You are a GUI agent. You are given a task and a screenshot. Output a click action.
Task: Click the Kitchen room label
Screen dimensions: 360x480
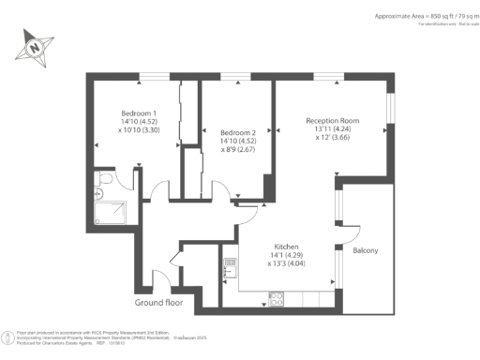pos(287,247)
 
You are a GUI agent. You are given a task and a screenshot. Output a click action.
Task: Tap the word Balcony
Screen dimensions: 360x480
pos(365,251)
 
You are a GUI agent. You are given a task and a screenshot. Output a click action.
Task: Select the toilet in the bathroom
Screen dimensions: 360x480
pos(104,177)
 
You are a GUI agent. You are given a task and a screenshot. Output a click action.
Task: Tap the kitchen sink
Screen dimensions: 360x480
pos(228,271)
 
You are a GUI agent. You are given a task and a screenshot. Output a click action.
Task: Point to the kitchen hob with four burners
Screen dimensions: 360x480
pos(277,299)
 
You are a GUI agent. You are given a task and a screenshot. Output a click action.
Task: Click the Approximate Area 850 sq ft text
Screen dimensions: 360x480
pos(412,16)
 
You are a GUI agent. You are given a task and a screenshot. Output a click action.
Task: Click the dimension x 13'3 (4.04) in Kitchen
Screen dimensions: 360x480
pos(288,263)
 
